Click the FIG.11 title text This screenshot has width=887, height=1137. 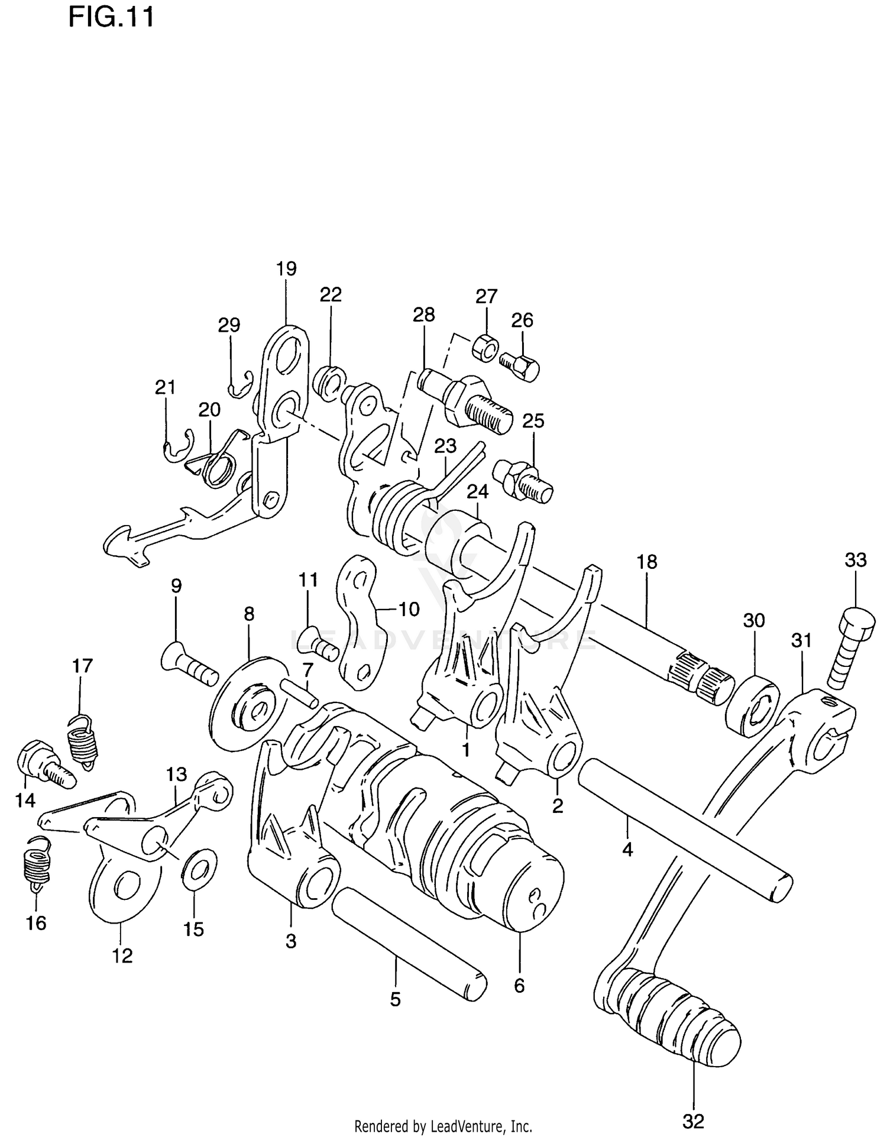tap(111, 17)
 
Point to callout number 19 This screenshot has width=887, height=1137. tap(286, 269)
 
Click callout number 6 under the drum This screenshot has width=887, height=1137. tap(519, 986)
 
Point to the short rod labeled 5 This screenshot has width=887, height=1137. tap(408, 944)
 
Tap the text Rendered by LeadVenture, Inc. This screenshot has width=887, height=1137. tap(443, 1126)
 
